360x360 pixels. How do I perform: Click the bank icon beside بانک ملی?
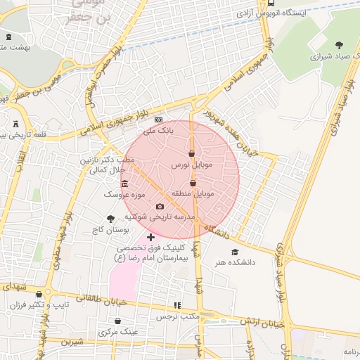click(157, 120)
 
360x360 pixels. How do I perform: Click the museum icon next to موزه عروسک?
click(124, 184)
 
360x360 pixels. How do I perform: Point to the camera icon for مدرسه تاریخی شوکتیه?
click(160, 207)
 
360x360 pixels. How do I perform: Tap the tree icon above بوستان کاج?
click(110, 219)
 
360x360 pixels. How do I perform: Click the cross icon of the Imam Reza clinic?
click(150, 238)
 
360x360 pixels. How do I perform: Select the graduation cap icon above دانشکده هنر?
click(234, 252)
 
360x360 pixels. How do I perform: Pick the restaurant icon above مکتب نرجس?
click(177, 306)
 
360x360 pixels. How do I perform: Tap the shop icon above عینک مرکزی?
click(117, 321)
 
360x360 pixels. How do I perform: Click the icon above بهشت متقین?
click(8, 37)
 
